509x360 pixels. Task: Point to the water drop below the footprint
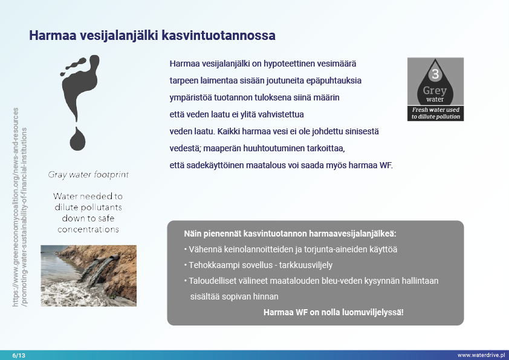pyautogui.click(x=78, y=139)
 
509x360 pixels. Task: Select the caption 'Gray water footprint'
pyautogui.click(x=88, y=175)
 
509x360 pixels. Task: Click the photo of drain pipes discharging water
pyautogui.click(x=88, y=267)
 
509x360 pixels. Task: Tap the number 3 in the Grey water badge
pyautogui.click(x=435, y=75)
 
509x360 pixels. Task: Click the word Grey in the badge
pyautogui.click(x=435, y=91)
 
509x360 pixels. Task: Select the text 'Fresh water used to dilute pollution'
pyautogui.click(x=435, y=113)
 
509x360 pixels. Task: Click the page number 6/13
pyautogui.click(x=19, y=355)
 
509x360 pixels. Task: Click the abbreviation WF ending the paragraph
pyautogui.click(x=385, y=164)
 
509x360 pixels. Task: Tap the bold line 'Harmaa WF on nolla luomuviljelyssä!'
pyautogui.click(x=333, y=312)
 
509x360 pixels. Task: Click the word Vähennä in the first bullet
pyautogui.click(x=203, y=249)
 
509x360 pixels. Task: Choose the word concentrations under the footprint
pyautogui.click(x=88, y=229)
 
